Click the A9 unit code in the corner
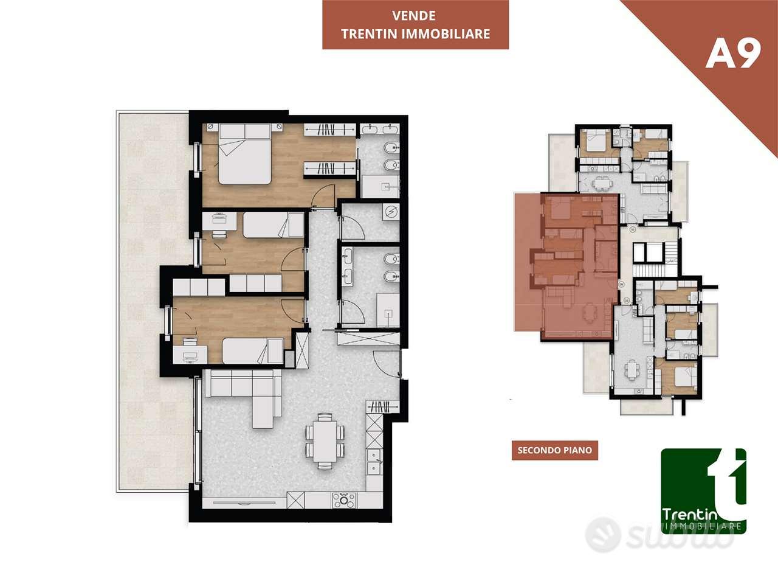[733, 54]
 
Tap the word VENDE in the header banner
[414, 16]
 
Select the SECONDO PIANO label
[555, 450]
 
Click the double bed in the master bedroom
[245, 154]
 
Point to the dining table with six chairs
[325, 441]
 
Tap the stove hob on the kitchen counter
[343, 500]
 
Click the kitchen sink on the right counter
[374, 462]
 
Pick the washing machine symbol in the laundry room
[391, 212]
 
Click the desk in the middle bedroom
[219, 221]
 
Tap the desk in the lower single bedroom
[190, 354]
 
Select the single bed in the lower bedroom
[253, 350]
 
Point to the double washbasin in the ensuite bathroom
[380, 128]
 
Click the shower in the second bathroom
[388, 310]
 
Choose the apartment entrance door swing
[387, 363]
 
